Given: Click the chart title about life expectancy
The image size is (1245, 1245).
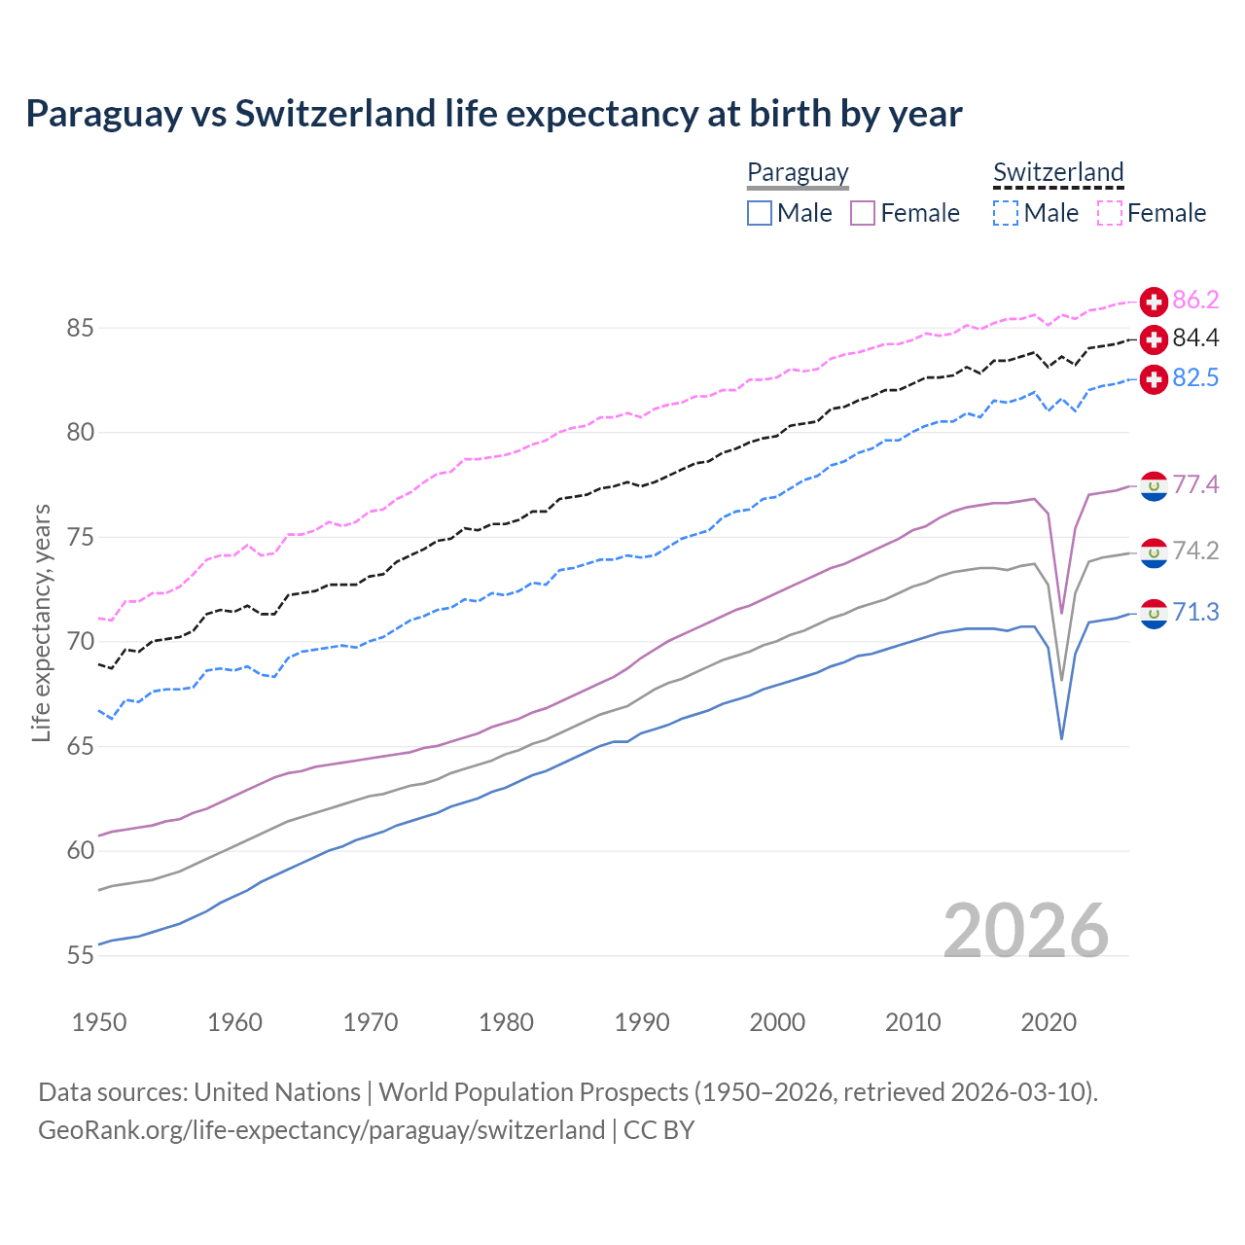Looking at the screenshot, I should (493, 114).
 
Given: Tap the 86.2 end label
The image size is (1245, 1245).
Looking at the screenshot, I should (1195, 301).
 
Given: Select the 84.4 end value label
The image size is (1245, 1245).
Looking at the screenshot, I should (1195, 338).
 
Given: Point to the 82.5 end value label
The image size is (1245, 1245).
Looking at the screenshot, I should (1195, 378).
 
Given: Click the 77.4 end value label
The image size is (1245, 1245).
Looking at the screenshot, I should (1195, 485).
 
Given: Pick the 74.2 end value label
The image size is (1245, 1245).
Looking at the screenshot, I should (1195, 551).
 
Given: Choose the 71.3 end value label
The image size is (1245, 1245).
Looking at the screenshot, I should (1195, 613).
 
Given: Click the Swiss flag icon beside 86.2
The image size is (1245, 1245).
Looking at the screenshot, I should (1154, 302).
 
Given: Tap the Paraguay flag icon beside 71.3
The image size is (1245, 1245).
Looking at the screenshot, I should (1154, 614).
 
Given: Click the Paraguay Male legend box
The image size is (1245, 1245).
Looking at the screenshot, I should (760, 213).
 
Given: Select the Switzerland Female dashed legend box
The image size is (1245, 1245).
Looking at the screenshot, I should (1110, 213).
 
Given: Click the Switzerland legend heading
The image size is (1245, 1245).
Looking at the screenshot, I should (1058, 172).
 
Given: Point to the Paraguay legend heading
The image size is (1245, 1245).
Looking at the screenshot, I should (798, 172).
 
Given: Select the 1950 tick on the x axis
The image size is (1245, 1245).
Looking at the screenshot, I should (99, 1022).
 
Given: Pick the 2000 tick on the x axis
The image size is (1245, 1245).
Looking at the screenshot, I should (777, 1022).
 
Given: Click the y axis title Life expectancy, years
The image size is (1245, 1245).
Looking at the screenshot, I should (42, 622).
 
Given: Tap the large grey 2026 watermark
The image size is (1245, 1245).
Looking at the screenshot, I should (1026, 931).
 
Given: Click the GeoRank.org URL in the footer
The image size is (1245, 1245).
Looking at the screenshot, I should (321, 1130).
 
